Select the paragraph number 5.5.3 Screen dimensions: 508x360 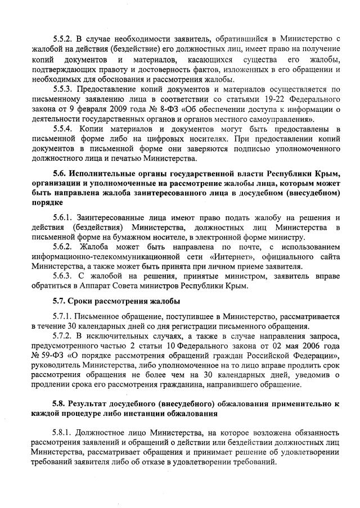point(64,89)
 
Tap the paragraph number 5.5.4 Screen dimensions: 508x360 point(64,129)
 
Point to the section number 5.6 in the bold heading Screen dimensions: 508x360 point(60,173)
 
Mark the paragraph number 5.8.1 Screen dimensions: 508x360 point(64,432)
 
